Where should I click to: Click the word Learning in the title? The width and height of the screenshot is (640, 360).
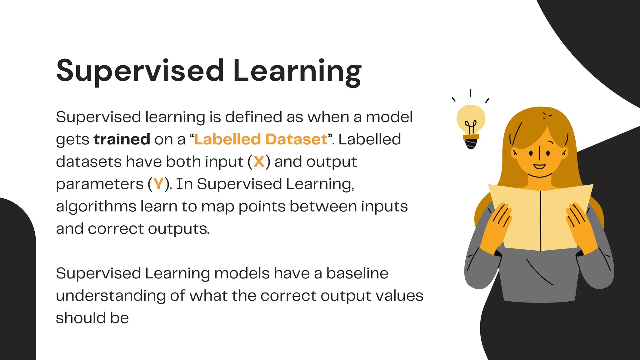coord(297,71)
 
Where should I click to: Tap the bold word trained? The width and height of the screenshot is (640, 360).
coord(122,139)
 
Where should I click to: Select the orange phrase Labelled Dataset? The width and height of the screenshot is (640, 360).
coord(261,139)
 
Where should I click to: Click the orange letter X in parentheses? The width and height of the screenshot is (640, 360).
coord(259,162)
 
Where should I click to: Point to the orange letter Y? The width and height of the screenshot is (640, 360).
coord(158,184)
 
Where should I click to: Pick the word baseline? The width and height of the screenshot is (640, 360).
coord(357,273)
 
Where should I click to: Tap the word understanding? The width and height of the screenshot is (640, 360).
coord(111,296)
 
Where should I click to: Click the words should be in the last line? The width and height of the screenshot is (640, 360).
coord(92,318)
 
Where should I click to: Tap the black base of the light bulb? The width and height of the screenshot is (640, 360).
coord(471,144)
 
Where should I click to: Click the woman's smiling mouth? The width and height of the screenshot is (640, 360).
coord(539,166)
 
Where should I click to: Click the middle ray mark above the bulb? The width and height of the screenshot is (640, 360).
coord(471,93)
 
